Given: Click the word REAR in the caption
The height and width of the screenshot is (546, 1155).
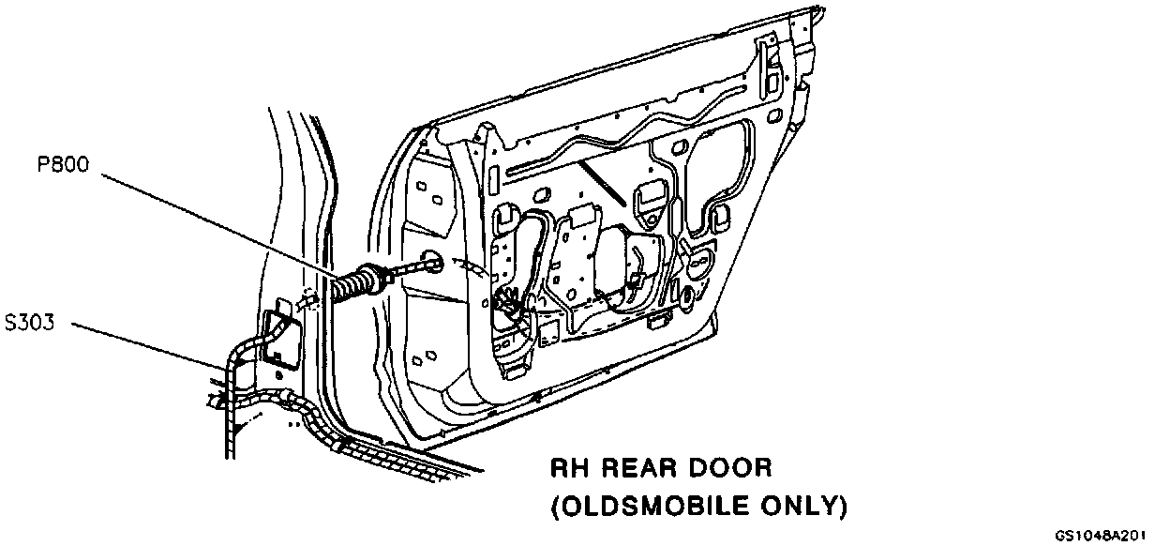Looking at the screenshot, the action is click(x=639, y=467).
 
